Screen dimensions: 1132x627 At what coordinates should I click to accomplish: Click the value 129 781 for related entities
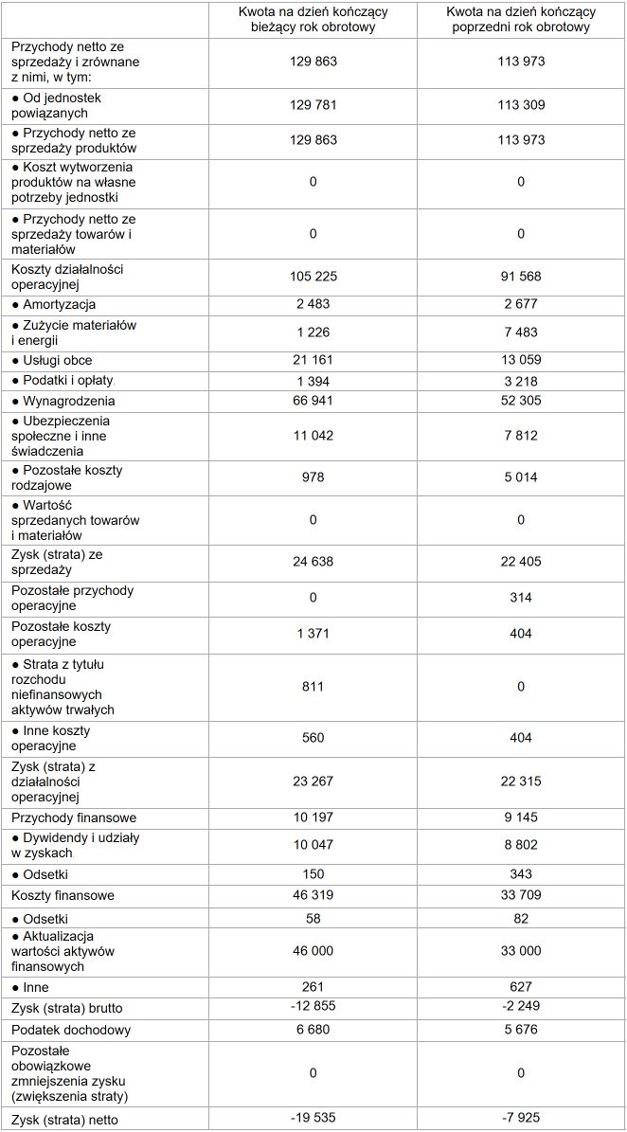click(x=313, y=104)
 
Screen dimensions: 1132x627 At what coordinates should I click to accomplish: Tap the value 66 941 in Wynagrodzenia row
click(x=313, y=401)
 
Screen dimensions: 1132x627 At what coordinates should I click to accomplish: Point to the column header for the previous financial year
click(x=520, y=20)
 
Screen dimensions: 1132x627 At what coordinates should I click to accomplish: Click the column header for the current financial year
click(x=313, y=20)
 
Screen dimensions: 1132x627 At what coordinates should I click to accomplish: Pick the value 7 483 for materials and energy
click(x=520, y=332)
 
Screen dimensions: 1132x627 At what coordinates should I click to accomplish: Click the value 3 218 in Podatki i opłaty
click(x=520, y=381)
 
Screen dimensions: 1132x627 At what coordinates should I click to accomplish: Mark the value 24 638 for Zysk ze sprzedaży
click(x=313, y=562)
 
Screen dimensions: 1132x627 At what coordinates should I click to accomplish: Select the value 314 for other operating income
click(x=520, y=598)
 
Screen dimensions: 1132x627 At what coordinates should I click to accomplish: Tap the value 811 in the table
click(x=313, y=686)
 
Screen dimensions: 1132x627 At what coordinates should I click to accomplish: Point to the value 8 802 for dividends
click(x=520, y=845)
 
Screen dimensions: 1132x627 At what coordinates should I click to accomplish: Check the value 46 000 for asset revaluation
click(x=313, y=952)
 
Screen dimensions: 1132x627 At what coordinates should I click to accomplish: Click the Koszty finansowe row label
click(x=63, y=895)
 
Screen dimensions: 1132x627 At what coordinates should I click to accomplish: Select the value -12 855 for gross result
click(x=313, y=1007)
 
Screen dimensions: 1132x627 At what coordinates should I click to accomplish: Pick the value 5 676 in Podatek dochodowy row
click(x=520, y=1030)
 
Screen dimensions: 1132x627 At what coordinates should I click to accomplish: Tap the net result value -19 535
click(x=313, y=1120)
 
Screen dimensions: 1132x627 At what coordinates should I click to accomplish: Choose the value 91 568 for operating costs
click(x=520, y=277)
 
